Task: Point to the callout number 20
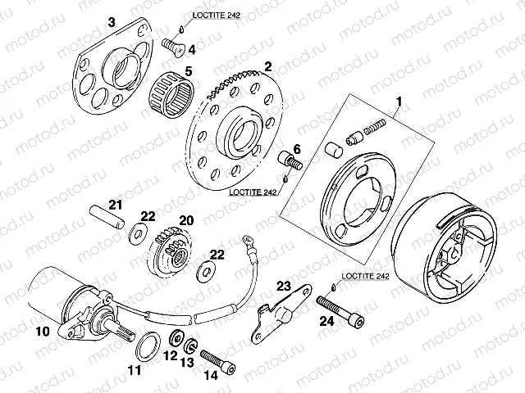tap(187, 220)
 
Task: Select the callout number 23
tap(284, 286)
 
